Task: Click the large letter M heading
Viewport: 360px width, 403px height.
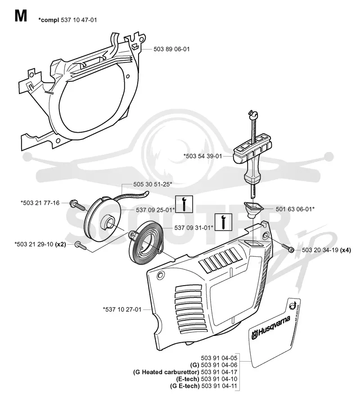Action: tap(21, 16)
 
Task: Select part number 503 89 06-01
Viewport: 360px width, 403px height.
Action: tap(171, 49)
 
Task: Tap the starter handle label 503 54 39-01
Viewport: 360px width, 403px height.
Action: tap(202, 156)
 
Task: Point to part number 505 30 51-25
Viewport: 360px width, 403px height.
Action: tap(153, 184)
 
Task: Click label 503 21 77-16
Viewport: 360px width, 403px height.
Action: tap(40, 203)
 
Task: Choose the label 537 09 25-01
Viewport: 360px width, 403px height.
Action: tap(155, 210)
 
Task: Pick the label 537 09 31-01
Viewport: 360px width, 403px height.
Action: tap(193, 228)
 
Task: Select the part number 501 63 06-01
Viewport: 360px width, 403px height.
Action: tap(295, 209)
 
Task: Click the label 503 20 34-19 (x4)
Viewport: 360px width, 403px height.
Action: tap(326, 250)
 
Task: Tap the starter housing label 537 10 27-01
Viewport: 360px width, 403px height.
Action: tap(122, 309)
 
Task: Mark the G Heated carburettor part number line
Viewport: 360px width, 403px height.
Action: tap(185, 372)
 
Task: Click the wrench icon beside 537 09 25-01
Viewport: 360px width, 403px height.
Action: tap(184, 204)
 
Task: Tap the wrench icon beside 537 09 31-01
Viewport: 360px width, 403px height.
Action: tap(224, 222)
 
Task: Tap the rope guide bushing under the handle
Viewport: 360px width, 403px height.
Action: tap(252, 209)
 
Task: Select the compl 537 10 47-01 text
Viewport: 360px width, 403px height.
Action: tap(67, 20)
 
